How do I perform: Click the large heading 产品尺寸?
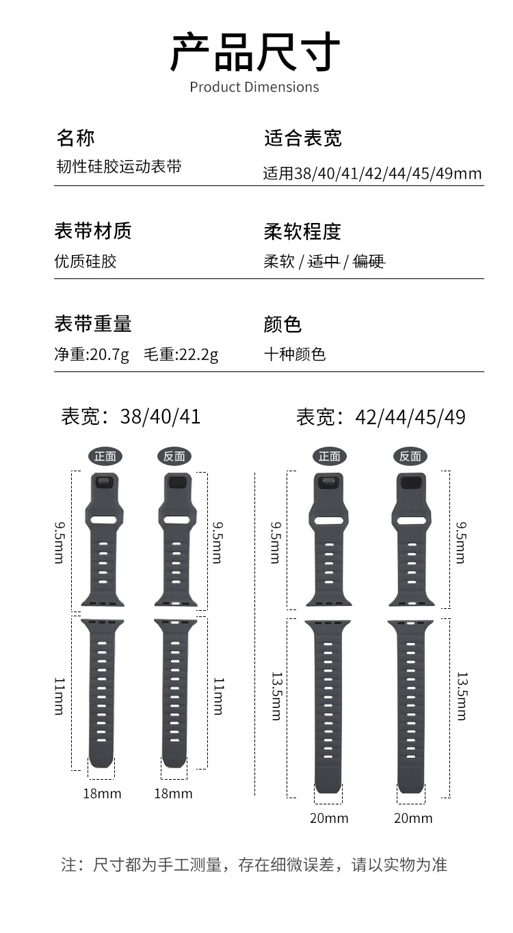click(x=254, y=53)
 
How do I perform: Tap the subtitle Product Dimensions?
click(x=254, y=87)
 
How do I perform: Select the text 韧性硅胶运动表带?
click(x=118, y=166)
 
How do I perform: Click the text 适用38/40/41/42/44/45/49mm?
click(x=372, y=173)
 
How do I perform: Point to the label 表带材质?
click(x=93, y=231)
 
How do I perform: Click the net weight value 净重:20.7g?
click(x=92, y=354)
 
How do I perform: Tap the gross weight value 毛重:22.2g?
click(x=181, y=354)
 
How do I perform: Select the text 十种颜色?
click(x=295, y=354)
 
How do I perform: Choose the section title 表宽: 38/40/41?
click(x=131, y=416)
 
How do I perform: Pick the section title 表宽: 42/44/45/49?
click(x=380, y=417)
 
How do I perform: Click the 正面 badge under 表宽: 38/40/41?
click(x=105, y=456)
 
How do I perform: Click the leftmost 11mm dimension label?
click(x=60, y=696)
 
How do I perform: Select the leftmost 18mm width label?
click(x=102, y=793)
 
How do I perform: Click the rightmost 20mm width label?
click(x=413, y=818)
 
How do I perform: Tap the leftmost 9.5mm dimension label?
click(x=60, y=542)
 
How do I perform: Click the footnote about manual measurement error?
click(x=254, y=865)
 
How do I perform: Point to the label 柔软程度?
click(x=302, y=231)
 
